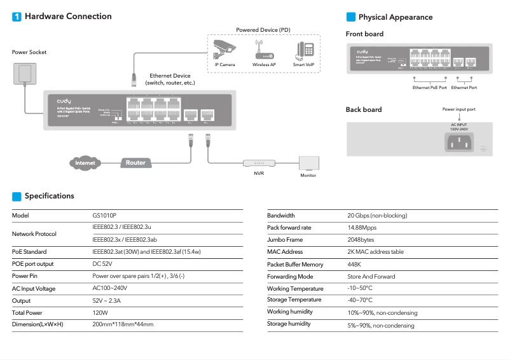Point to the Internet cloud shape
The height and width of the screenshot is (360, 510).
[85, 163]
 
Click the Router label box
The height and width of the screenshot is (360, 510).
[135, 163]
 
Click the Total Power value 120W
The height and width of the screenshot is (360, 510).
[100, 313]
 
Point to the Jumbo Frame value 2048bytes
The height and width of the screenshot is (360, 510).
[361, 240]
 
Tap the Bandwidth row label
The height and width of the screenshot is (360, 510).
[281, 216]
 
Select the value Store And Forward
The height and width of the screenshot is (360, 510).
[371, 277]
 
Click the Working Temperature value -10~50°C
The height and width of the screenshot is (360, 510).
[360, 289]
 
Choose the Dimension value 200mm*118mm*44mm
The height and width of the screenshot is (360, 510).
[123, 324]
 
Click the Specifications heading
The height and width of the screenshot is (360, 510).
[49, 196]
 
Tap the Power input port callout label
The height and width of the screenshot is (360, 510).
[458, 109]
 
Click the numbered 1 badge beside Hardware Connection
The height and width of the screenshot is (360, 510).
[17, 17]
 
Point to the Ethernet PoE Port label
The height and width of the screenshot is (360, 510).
[430, 87]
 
